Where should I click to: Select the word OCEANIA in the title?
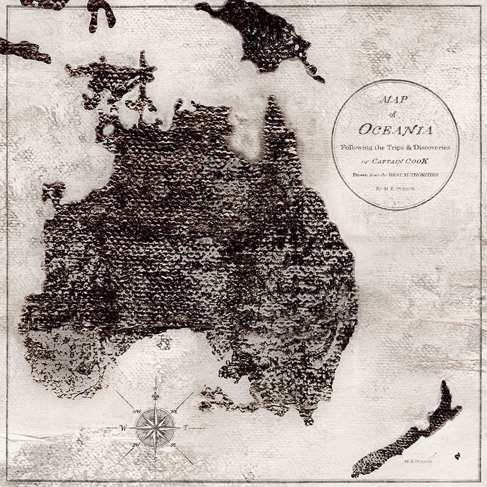tap(395, 130)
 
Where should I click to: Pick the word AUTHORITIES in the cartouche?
tap(417, 174)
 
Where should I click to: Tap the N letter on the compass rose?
tap(155, 388)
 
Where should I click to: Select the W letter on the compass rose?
tap(122, 428)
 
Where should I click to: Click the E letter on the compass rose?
tap(186, 428)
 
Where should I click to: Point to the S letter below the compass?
tap(155, 460)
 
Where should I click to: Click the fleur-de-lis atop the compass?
tap(155, 397)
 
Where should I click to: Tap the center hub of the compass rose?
tap(155, 428)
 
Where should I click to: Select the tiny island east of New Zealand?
tap(457, 456)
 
